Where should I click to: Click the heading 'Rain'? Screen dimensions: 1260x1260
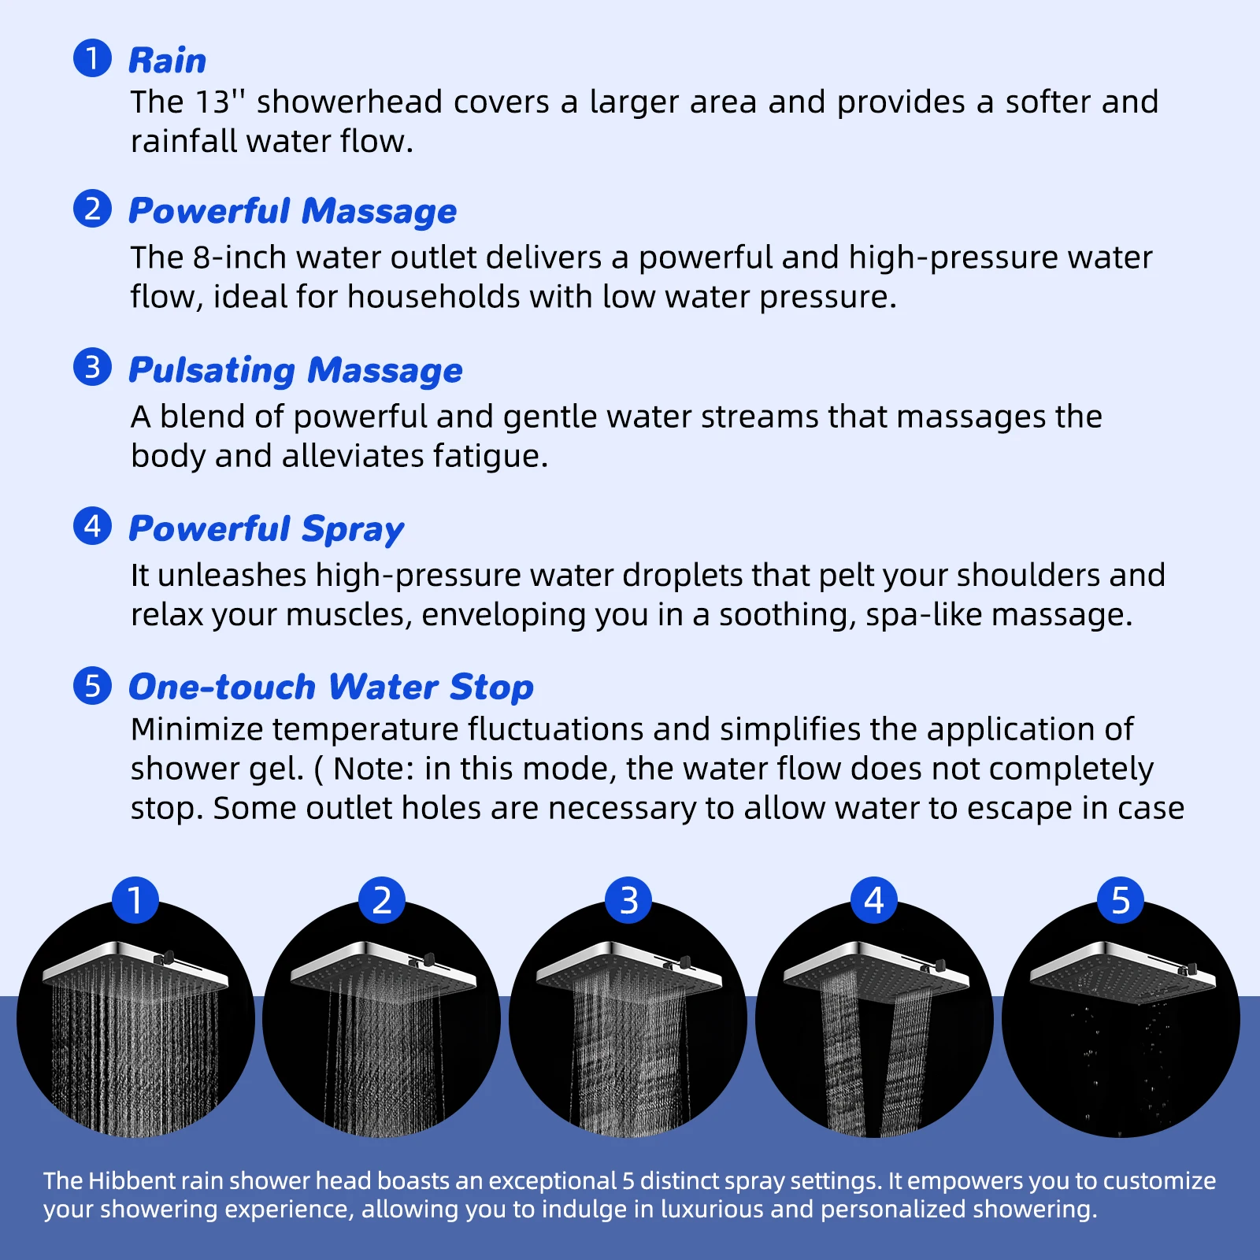coord(167,61)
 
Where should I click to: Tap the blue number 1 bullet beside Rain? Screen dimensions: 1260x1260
coord(92,58)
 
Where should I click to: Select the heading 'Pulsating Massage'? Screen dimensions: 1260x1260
coord(295,370)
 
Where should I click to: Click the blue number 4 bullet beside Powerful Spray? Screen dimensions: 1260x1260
coord(92,525)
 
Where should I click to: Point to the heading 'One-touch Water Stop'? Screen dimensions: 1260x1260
coord(331,687)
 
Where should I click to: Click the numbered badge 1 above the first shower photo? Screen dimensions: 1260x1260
coord(135,900)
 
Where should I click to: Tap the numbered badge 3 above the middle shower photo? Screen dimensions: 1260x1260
coord(628,900)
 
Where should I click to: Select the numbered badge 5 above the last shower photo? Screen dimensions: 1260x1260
coord(1120,900)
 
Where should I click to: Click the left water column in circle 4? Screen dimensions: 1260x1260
coord(841,1055)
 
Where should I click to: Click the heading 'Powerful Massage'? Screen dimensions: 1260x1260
coord(292,211)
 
